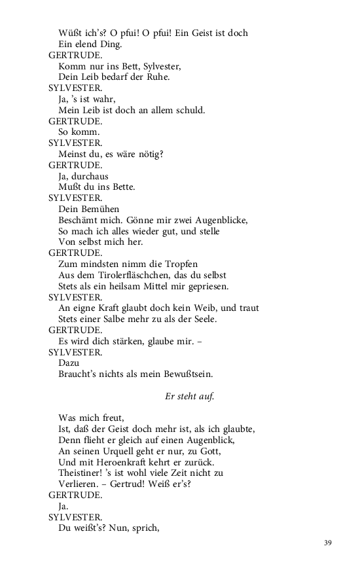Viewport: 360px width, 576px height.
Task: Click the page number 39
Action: click(328, 543)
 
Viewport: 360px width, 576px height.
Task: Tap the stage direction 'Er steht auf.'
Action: click(190, 397)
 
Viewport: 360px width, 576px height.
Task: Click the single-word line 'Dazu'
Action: click(69, 363)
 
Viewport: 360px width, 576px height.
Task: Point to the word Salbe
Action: click(133, 319)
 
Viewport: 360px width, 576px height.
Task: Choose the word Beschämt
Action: click(81, 220)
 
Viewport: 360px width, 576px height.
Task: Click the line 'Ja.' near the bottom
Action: click(64, 506)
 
